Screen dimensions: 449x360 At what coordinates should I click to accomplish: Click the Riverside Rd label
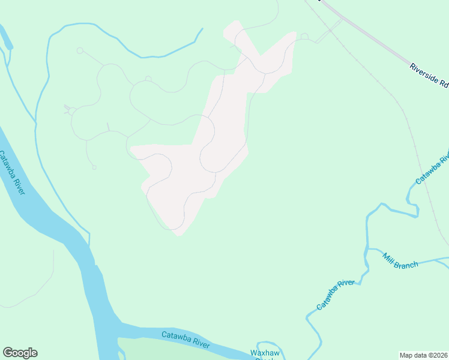point(429,76)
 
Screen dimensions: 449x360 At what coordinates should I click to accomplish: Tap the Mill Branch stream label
point(400,260)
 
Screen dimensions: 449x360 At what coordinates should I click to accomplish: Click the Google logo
point(20,353)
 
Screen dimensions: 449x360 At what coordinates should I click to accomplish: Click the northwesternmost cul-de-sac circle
point(80,51)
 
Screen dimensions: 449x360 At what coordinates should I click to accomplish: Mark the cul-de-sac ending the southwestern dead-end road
point(94,167)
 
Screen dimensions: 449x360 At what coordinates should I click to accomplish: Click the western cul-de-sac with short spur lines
point(70,111)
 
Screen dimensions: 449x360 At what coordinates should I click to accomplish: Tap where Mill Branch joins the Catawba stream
point(367,249)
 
